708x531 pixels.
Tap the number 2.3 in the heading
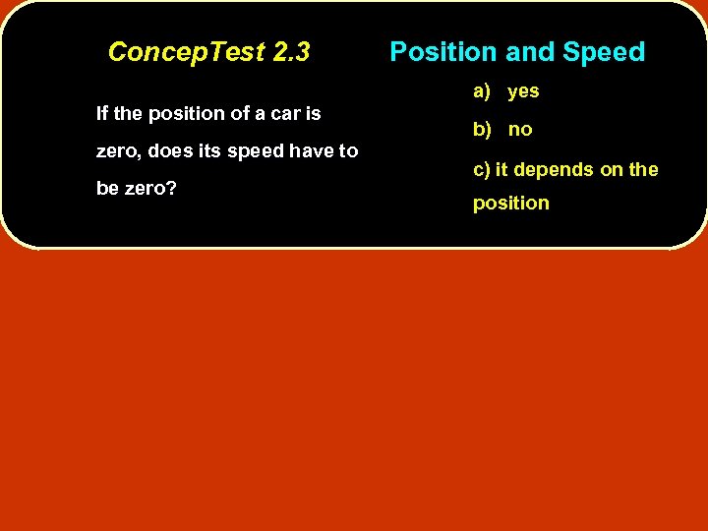(291, 52)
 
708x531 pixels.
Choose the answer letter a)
(482, 91)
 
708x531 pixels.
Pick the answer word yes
(523, 91)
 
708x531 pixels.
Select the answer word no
(520, 130)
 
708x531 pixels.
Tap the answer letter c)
(482, 169)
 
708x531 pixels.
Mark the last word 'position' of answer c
(511, 204)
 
